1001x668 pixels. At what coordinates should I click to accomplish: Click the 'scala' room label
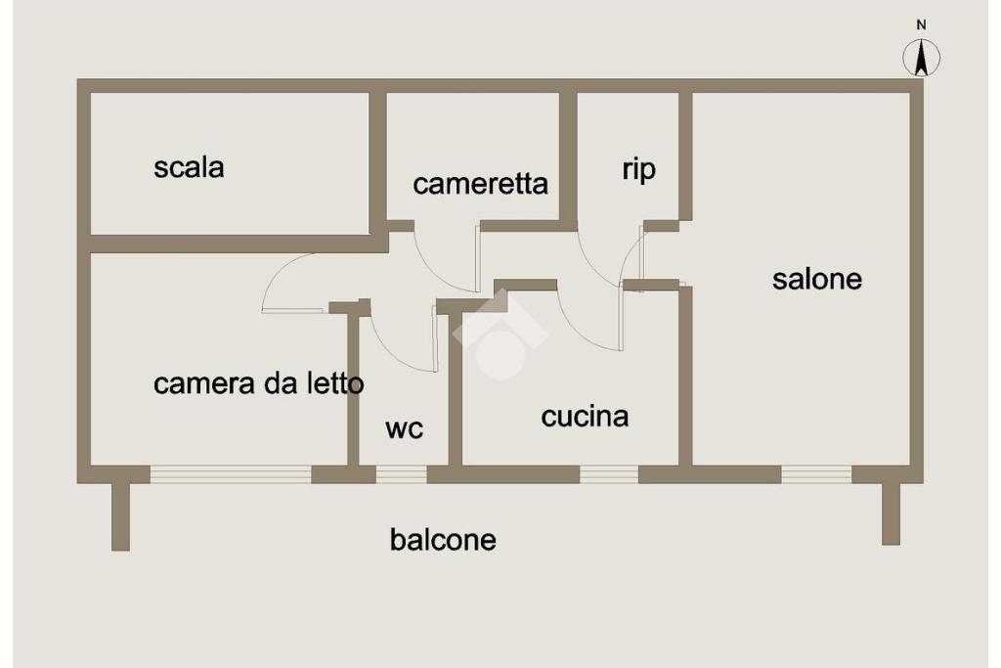(189, 167)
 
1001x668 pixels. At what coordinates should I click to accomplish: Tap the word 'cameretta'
(480, 184)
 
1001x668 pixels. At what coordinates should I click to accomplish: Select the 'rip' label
(638, 169)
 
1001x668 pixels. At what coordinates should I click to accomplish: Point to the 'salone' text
(817, 279)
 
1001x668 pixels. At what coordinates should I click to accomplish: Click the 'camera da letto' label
(258, 383)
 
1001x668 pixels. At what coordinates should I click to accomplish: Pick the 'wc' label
(404, 428)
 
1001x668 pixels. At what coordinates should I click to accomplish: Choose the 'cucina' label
(585, 417)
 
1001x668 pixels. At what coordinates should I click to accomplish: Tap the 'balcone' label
(443, 539)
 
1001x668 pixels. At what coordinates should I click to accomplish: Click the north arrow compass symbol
(921, 58)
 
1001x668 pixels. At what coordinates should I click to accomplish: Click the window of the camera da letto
(231, 474)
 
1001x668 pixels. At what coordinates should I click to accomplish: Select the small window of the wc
(402, 474)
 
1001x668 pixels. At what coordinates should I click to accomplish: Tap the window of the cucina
(609, 474)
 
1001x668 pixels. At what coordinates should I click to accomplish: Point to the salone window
(816, 474)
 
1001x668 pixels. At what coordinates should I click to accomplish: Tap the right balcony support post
(891, 513)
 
